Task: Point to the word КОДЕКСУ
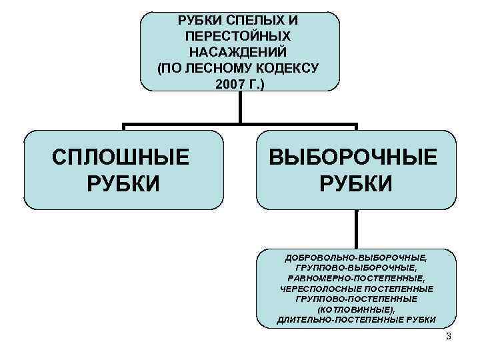tap(288, 67)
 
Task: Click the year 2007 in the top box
tap(227, 84)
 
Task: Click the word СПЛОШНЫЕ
tap(121, 158)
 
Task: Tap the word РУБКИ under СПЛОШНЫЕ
tap(123, 182)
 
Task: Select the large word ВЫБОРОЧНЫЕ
tap(354, 158)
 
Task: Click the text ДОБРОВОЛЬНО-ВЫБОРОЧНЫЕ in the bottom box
tap(356, 257)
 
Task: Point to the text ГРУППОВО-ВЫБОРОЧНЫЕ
tap(356, 267)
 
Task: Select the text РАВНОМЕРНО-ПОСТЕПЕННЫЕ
tap(356, 278)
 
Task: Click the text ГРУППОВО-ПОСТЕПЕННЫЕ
tap(356, 299)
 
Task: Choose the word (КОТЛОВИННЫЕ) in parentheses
tap(356, 310)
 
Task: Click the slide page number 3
tap(449, 336)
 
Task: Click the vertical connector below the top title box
tap(239, 107)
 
